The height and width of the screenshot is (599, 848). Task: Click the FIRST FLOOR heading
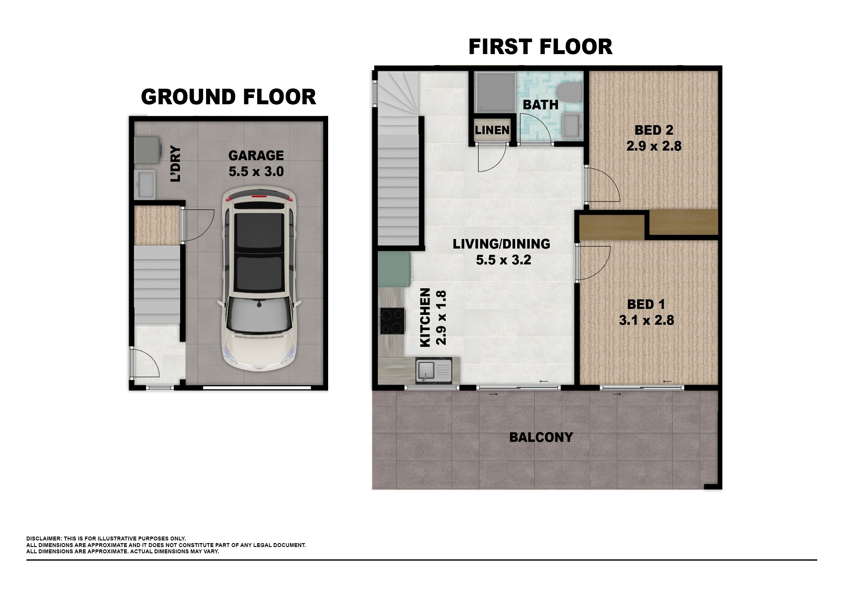click(540, 47)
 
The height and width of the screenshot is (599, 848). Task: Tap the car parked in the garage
click(259, 279)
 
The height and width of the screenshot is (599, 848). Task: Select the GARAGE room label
click(256, 155)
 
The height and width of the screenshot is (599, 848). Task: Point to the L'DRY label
click(176, 164)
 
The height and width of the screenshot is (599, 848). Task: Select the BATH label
click(540, 105)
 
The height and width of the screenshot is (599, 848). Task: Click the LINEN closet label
click(492, 130)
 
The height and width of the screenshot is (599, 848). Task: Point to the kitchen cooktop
click(392, 321)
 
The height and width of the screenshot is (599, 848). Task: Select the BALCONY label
click(541, 437)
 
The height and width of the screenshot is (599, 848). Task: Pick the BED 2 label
click(654, 130)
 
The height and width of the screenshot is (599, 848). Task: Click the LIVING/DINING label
click(501, 244)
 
